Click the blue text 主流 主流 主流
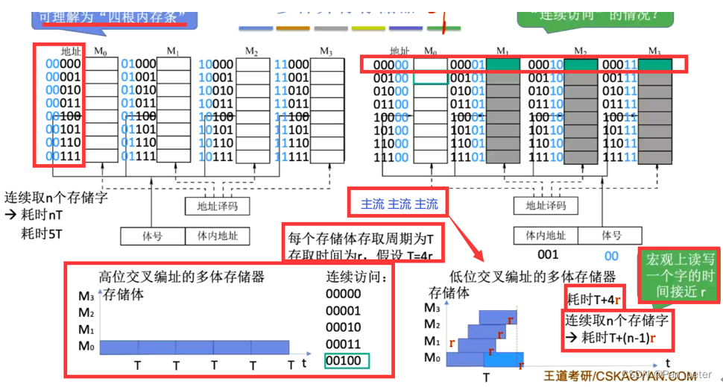[x=400, y=204]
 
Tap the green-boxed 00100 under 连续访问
[x=347, y=362]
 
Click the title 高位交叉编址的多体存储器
[x=182, y=277]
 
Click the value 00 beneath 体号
[x=611, y=254]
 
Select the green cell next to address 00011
[x=654, y=65]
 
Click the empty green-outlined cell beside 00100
[x=430, y=78]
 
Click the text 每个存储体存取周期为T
[x=361, y=239]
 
